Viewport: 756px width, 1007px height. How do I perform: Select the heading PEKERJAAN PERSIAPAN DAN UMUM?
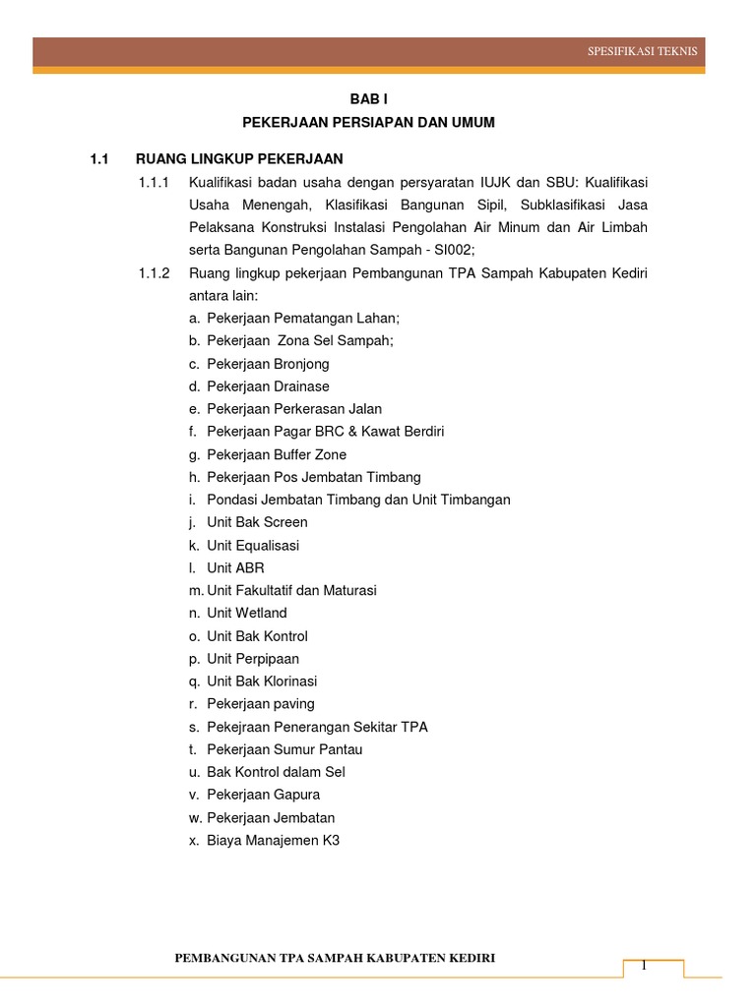point(369,123)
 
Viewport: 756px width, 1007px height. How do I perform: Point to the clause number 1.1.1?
point(155,182)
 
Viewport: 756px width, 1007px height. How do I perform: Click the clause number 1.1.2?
point(155,272)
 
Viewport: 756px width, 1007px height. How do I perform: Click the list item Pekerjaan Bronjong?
point(268,364)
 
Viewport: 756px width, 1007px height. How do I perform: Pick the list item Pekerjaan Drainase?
point(268,386)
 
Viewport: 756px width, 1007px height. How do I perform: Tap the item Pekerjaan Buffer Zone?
point(277,454)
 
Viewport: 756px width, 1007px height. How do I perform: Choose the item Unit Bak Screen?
point(257,522)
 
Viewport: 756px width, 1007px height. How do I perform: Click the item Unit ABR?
point(235,567)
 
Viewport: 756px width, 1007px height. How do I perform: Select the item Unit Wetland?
point(247,613)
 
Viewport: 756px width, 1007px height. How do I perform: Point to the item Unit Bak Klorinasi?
point(262,681)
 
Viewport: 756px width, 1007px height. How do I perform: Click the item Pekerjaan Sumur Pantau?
point(284,749)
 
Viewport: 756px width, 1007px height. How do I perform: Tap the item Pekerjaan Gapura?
point(263,795)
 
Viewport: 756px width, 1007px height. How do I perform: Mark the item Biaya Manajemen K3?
point(273,840)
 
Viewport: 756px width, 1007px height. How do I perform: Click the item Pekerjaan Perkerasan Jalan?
point(294,409)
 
